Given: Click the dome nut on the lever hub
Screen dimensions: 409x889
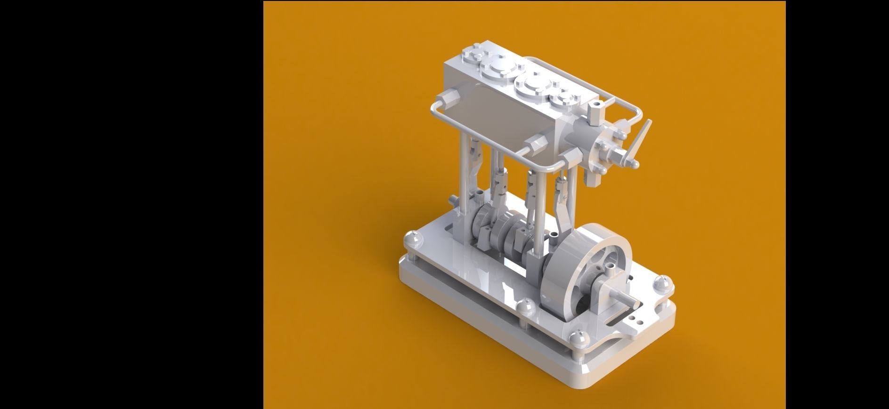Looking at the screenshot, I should pos(634,164).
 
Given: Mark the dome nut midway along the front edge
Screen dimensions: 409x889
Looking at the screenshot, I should pos(524,307).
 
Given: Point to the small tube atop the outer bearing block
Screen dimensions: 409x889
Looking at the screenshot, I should pos(611,271).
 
